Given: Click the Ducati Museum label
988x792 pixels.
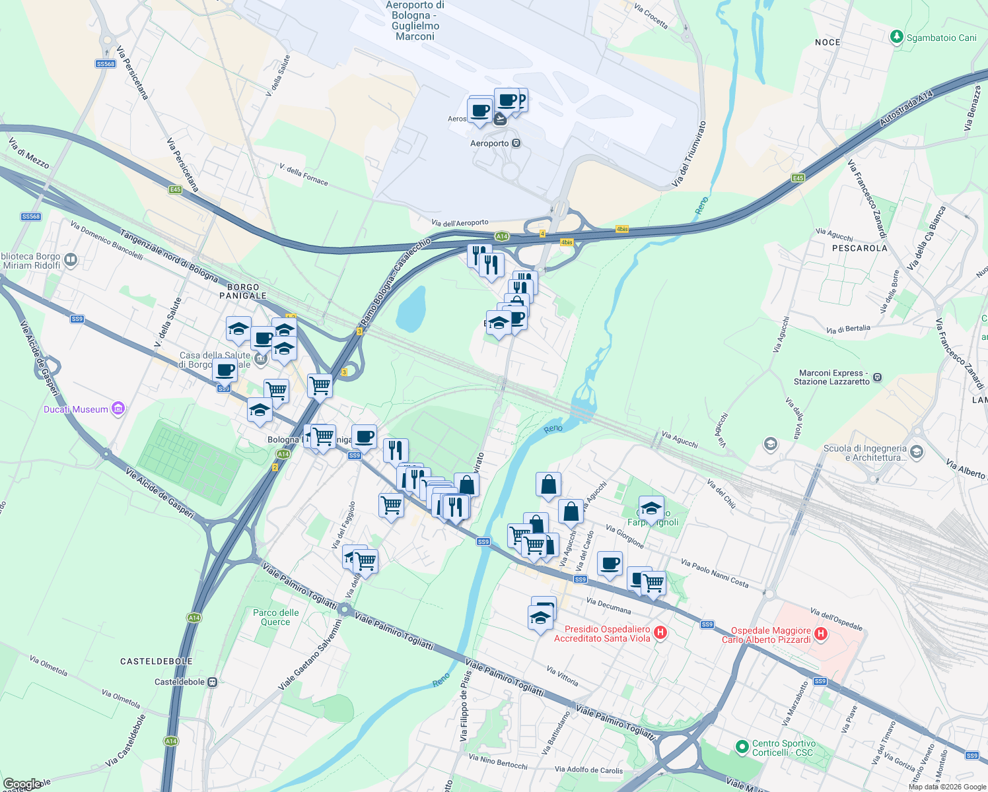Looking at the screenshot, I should tap(76, 409).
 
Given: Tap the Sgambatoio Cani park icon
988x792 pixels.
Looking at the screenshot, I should tap(896, 37).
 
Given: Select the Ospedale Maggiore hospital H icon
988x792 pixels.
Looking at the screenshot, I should tap(821, 634).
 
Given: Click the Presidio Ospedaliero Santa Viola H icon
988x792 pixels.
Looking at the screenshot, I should tap(660, 633).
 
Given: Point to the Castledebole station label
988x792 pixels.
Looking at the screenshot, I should tap(180, 682).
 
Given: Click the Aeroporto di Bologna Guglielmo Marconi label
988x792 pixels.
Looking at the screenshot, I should tap(415, 20).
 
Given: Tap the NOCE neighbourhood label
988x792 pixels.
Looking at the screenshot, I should tap(828, 42).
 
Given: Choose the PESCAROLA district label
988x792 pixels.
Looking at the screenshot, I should tap(859, 248).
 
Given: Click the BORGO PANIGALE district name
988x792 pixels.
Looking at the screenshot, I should tap(243, 291).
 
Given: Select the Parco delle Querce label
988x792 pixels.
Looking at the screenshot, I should tap(276, 617).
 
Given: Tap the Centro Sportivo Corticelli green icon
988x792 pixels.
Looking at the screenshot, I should tap(742, 747).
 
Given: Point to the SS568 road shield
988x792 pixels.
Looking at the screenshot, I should tap(106, 64).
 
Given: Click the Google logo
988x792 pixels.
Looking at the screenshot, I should tap(22, 784).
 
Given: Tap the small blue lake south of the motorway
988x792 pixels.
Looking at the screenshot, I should tap(411, 309).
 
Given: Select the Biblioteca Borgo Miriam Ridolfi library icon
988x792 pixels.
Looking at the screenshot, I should tap(71, 260).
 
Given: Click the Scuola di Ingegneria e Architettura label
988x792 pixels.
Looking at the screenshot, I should tap(865, 453).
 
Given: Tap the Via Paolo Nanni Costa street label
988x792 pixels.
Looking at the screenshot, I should tap(715, 573).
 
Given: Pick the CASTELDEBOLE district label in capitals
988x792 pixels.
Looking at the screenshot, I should tap(157, 661).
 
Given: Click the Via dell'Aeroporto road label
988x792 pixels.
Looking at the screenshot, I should tap(460, 223).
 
